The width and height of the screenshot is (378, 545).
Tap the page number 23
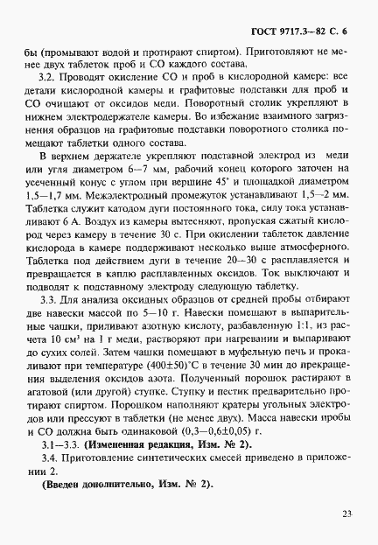[346, 514]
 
